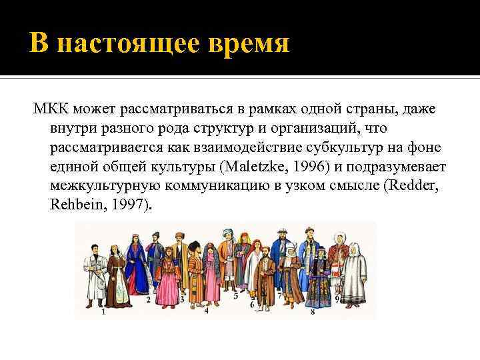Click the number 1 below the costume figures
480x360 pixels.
point(103,311)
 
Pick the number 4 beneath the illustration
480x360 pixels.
point(207,311)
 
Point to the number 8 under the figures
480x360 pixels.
point(313,311)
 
